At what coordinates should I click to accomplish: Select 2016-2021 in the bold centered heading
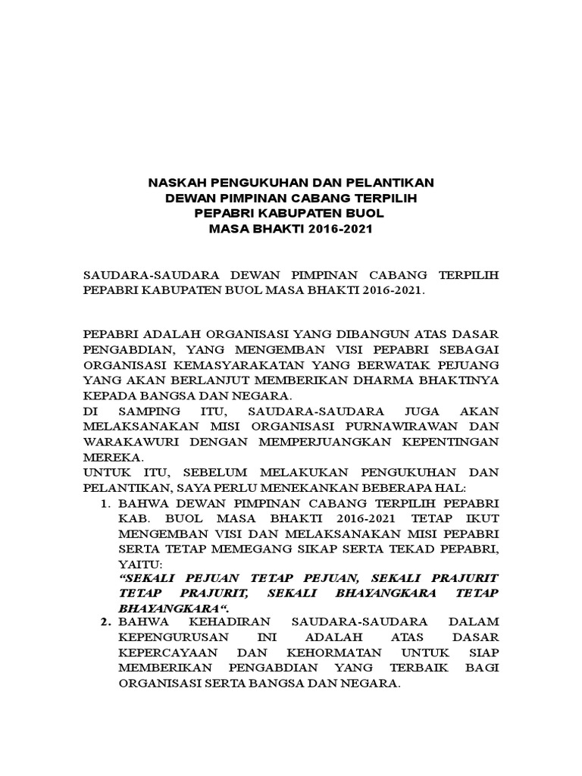339,228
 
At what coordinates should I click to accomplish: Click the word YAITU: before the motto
139,564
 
